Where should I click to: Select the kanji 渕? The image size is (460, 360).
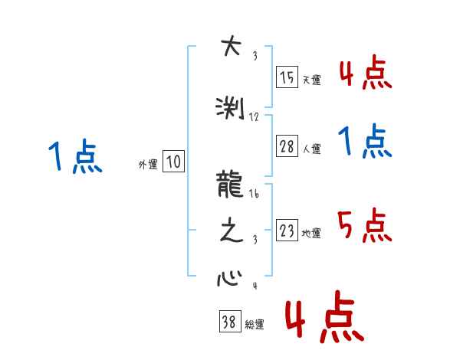pyautogui.click(x=231, y=107)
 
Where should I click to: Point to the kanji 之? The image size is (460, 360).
pyautogui.click(x=231, y=232)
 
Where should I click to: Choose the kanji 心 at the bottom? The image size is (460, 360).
pyautogui.click(x=229, y=277)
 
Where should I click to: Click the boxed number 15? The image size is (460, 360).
pyautogui.click(x=287, y=77)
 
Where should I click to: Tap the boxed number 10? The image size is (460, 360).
pyautogui.click(x=173, y=162)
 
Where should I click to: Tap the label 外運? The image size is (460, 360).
pyautogui.click(x=148, y=163)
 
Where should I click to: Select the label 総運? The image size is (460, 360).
pyautogui.click(x=254, y=325)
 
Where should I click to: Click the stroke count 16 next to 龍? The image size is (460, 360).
pyautogui.click(x=254, y=195)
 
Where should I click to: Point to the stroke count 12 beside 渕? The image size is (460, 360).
pyautogui.click(x=255, y=117)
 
